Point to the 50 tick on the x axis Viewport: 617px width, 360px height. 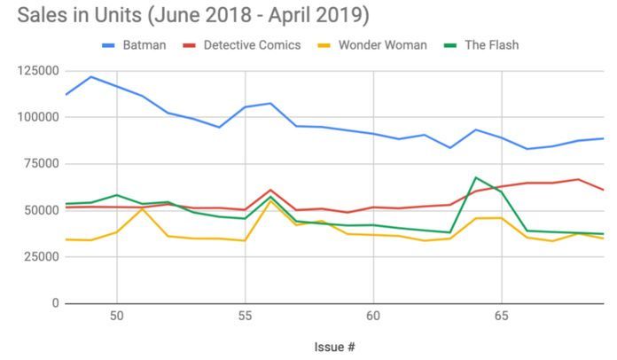pyautogui.click(x=116, y=316)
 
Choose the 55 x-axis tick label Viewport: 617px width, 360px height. pyautogui.click(x=245, y=316)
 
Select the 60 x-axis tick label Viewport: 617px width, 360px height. pyautogui.click(x=373, y=316)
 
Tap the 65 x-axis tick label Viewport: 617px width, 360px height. pyautogui.click(x=502, y=316)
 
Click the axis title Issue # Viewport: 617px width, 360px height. pyautogui.click(x=334, y=346)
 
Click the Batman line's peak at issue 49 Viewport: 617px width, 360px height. pyautogui.click(x=90, y=76)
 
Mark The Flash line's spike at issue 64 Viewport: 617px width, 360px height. pyautogui.click(x=476, y=177)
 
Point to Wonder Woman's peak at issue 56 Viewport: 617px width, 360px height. pyautogui.click(x=270, y=200)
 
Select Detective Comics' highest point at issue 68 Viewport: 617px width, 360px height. pyautogui.click(x=579, y=179)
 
